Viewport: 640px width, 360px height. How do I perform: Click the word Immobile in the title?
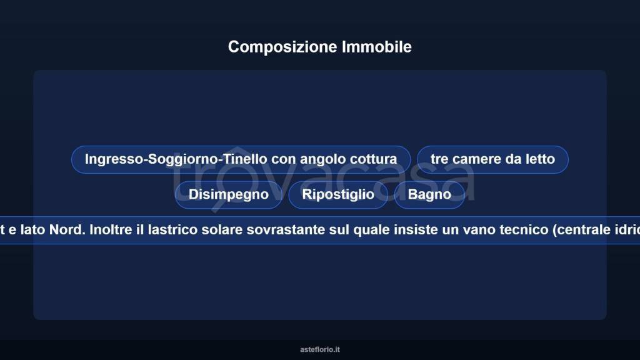tap(376, 47)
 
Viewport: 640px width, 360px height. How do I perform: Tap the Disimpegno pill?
tap(229, 194)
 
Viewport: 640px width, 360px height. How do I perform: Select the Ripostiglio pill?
tap(338, 194)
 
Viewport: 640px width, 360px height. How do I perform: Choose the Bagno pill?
tap(429, 194)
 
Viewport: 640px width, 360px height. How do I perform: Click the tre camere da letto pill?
tap(492, 159)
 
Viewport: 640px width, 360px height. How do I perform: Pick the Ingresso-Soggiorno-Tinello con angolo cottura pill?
tap(241, 159)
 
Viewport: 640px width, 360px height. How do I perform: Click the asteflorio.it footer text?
tap(320, 349)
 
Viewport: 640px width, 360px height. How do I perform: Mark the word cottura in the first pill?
tap(373, 159)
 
